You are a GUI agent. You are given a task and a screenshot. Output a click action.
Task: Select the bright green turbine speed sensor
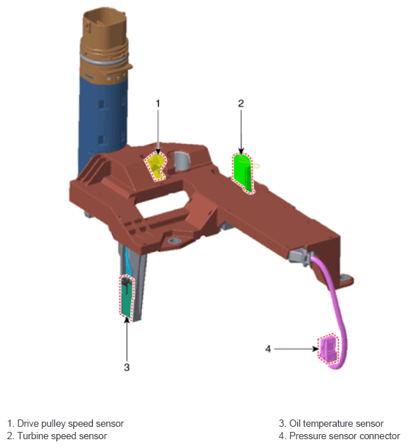point(243,172)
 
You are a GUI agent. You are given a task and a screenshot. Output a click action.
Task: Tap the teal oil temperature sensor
point(127,296)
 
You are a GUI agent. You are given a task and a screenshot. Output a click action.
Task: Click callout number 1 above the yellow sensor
point(158,103)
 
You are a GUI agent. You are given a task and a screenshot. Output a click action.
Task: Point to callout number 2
point(241,103)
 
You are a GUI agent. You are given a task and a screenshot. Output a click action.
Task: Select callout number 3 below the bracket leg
point(127,367)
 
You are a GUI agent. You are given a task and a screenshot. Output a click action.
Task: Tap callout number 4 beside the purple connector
point(268,349)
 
